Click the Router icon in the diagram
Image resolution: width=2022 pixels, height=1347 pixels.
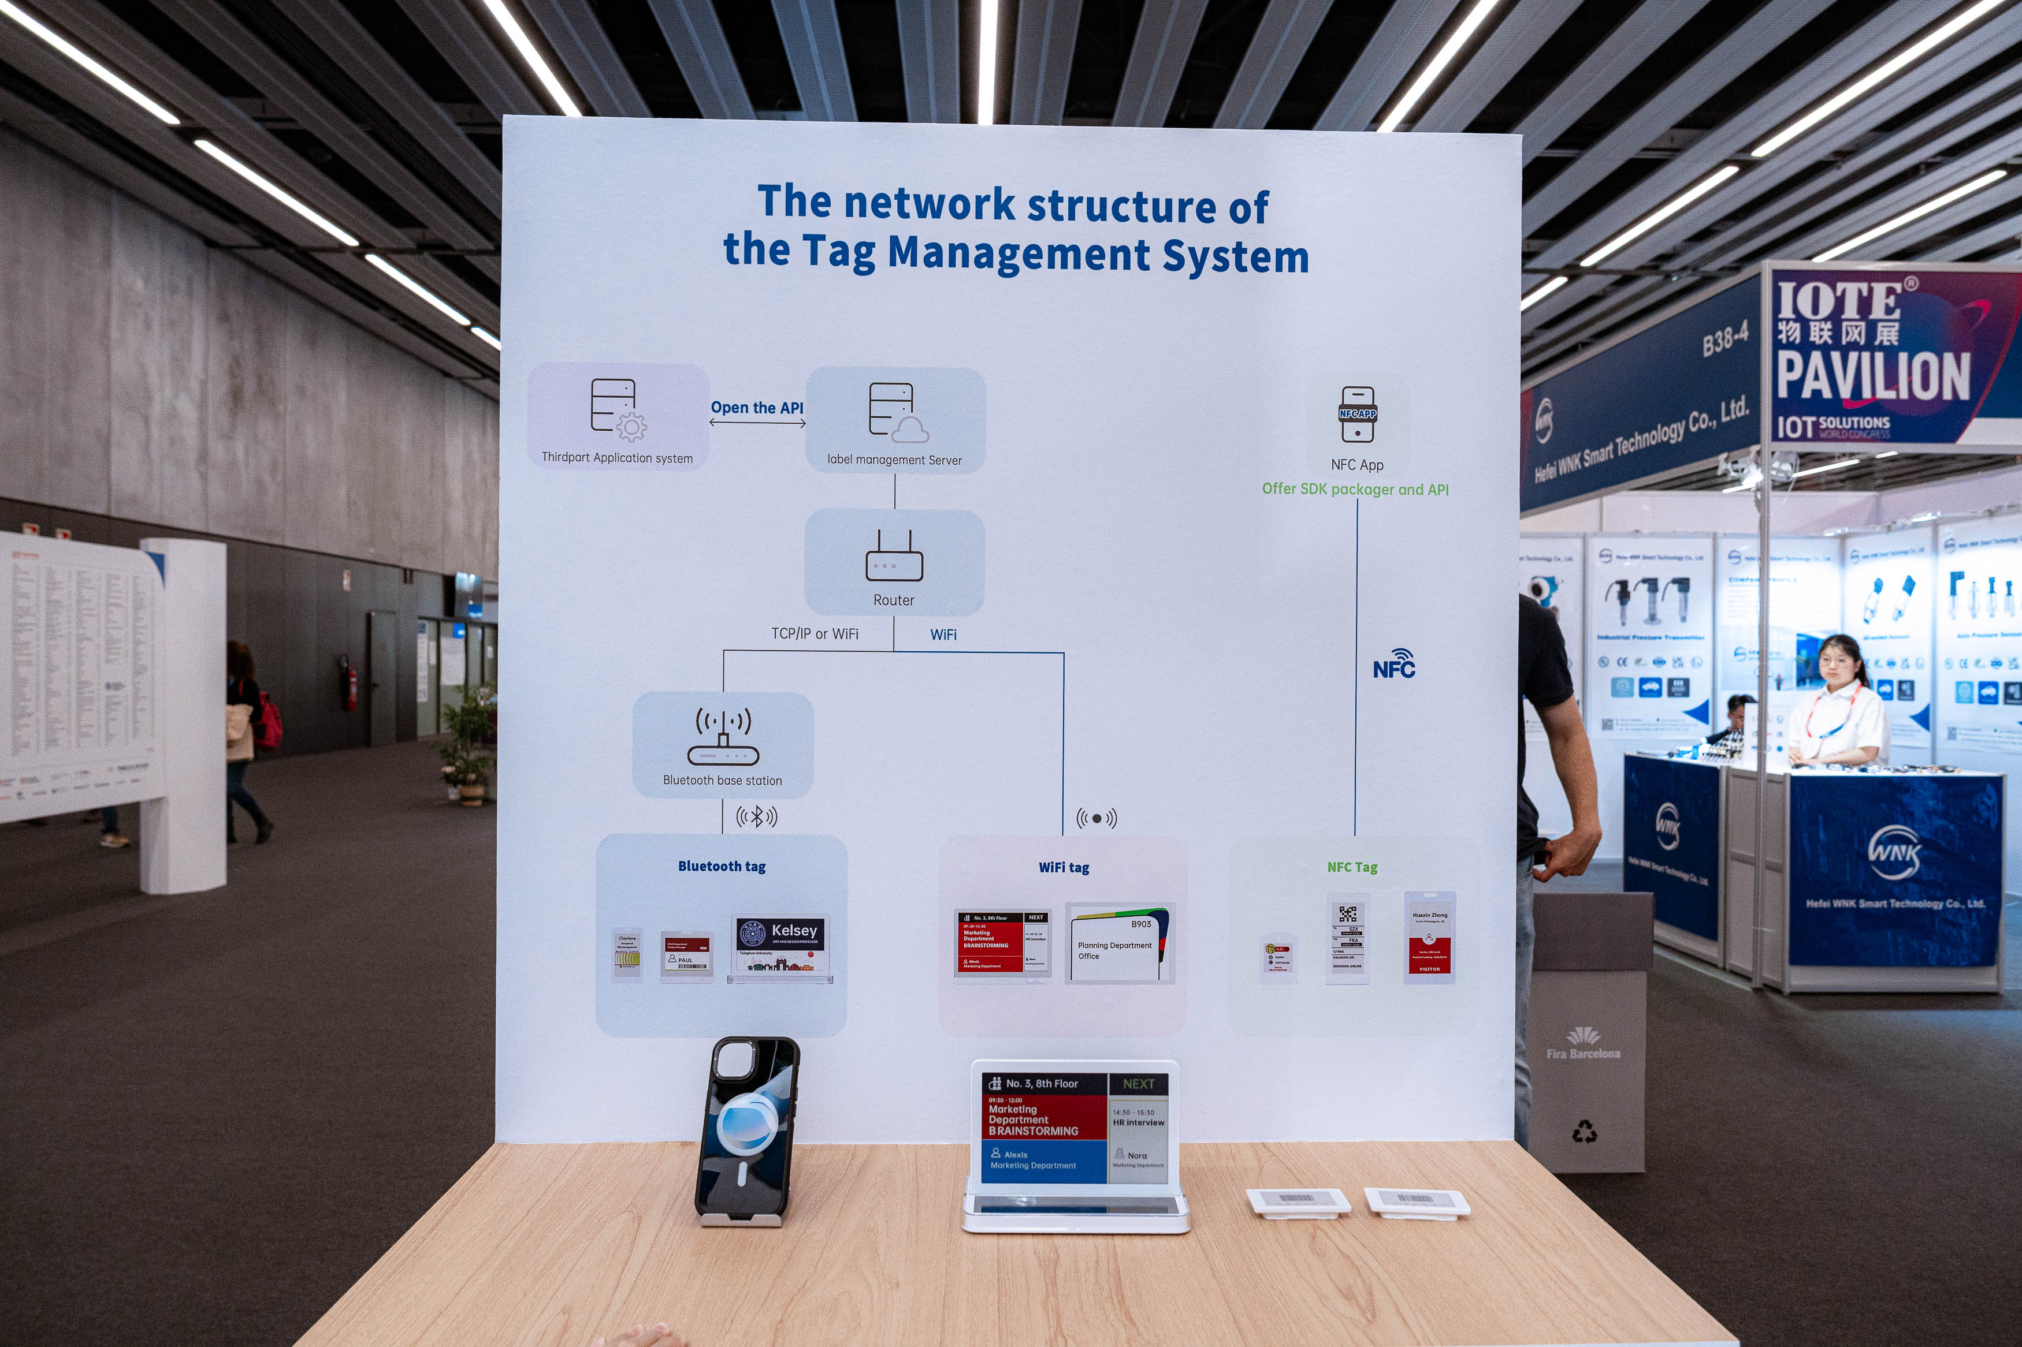coord(894,556)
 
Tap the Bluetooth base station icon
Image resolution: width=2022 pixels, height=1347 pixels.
coord(723,737)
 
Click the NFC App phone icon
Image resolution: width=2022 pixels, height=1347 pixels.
coord(1357,414)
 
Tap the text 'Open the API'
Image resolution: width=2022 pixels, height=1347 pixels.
coord(757,408)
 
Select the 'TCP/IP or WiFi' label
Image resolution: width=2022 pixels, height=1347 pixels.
coord(814,634)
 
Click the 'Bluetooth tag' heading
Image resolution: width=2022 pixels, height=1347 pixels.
coord(722,866)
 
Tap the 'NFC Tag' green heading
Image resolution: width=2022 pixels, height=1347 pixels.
coord(1352,868)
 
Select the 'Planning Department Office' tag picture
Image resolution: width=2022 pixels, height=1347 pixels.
coord(1119,942)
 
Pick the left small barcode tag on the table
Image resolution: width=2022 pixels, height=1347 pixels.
coord(1297,1201)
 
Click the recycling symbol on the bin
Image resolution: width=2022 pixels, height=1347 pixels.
coord(1584,1132)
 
